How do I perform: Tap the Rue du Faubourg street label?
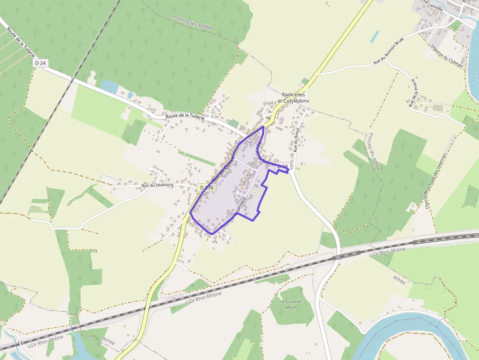click(157, 186)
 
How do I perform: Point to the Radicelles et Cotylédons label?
click(293, 97)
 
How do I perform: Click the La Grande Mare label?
click(290, 305)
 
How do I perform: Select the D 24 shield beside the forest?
click(40, 63)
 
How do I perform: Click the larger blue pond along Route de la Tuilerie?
click(109, 87)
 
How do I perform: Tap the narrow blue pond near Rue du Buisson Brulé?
click(374, 37)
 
